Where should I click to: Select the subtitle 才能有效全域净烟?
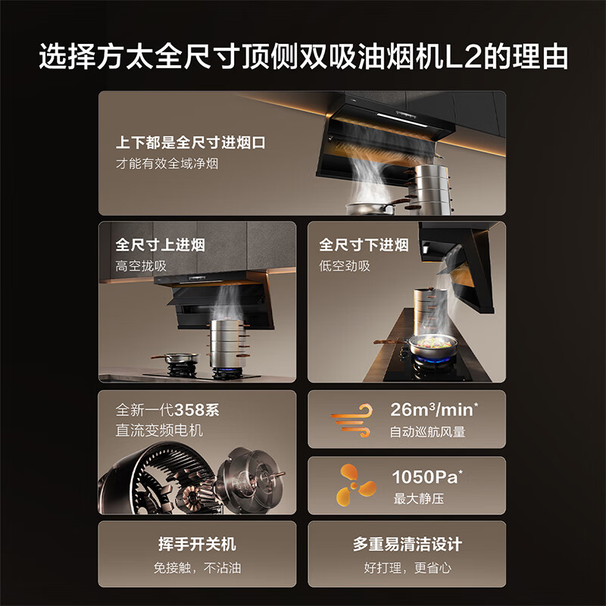pos(167,163)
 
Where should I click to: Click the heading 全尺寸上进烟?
pos(160,245)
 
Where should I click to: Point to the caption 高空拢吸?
pos(141,266)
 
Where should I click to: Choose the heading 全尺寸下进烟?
pos(364,245)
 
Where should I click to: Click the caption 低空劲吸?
pos(345,266)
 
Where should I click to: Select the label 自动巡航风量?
pos(427,433)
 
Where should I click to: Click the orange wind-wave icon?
pos(351,421)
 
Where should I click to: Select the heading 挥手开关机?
pos(197,545)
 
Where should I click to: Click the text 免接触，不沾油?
pos(197,567)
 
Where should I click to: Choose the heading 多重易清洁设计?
pos(407,545)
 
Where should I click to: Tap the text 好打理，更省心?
pos(407,567)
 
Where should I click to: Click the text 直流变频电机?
pos(159,431)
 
